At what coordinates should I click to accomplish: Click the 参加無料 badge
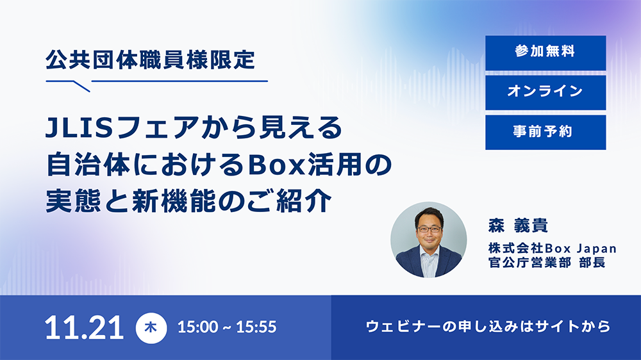click(545, 53)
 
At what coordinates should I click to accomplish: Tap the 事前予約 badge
click(545, 132)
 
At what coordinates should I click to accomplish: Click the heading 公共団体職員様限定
click(150, 61)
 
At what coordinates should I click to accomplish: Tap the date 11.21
click(84, 327)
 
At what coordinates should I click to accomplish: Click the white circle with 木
click(152, 327)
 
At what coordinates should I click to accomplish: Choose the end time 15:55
click(255, 327)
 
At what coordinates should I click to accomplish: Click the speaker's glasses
click(429, 228)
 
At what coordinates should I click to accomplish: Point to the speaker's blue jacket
click(410, 263)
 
